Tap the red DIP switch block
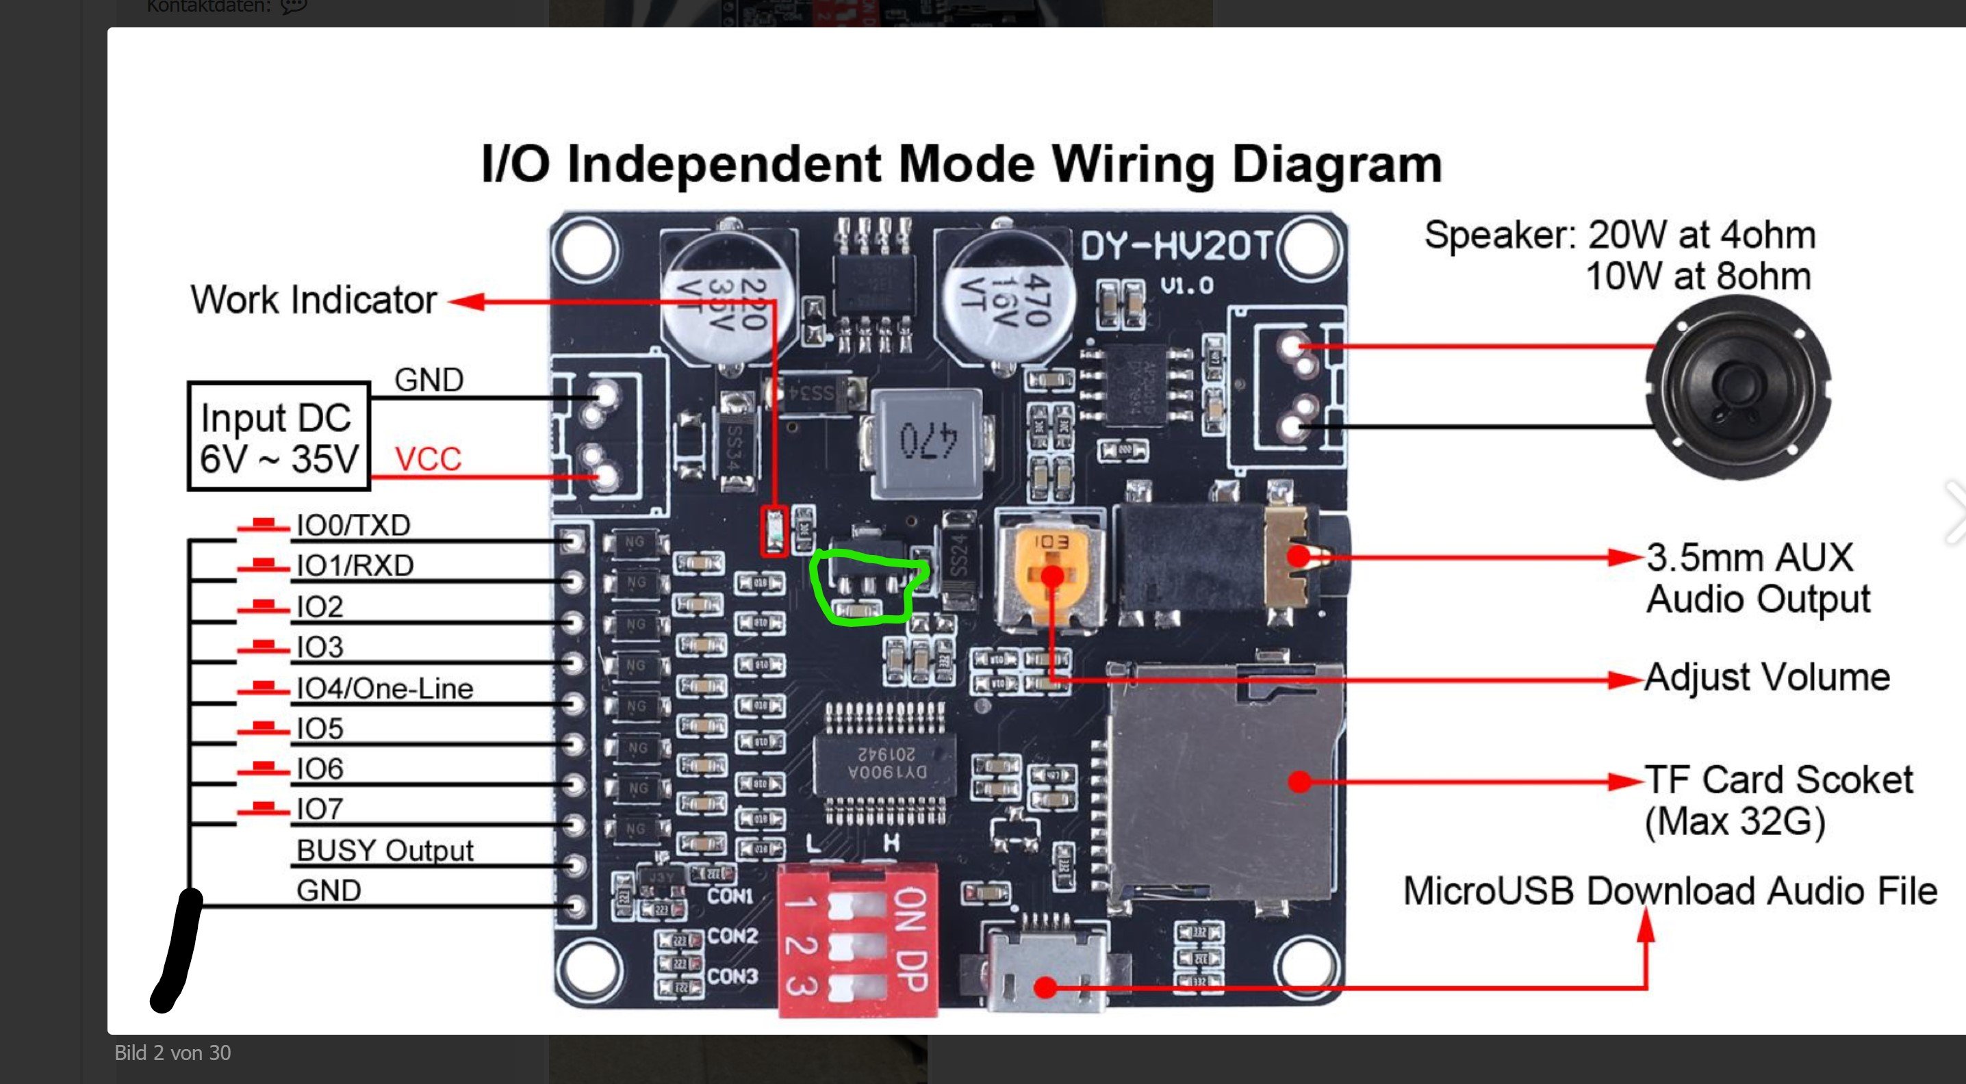858,940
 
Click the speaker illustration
1738,387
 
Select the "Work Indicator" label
313,300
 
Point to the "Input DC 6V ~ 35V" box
279,437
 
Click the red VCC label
428,459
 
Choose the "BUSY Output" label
385,851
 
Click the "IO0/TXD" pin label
353,526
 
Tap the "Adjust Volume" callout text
1767,677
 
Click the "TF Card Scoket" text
1778,780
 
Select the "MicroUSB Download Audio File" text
1670,891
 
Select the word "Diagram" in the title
1337,164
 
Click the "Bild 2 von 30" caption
173,1053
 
